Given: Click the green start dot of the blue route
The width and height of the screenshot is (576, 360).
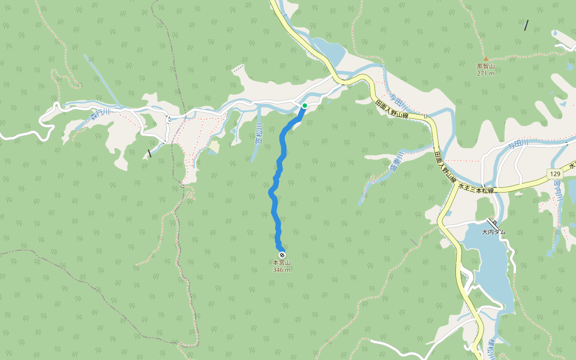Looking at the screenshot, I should click(305, 106).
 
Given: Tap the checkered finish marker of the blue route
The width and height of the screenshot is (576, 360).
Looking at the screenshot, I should click(282, 256).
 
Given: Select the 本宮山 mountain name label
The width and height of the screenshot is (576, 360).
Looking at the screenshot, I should click(281, 263).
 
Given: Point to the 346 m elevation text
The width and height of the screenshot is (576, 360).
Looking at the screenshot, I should click(281, 270).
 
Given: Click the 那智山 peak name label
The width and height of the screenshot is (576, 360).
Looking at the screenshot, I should click(485, 66).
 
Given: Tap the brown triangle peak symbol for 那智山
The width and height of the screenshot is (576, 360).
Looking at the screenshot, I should click(485, 59).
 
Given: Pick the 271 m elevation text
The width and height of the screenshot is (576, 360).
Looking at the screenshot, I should click(485, 73).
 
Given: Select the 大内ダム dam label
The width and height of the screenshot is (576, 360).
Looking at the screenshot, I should click(494, 232).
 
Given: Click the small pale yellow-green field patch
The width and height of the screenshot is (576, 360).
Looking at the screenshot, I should click(213, 146).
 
